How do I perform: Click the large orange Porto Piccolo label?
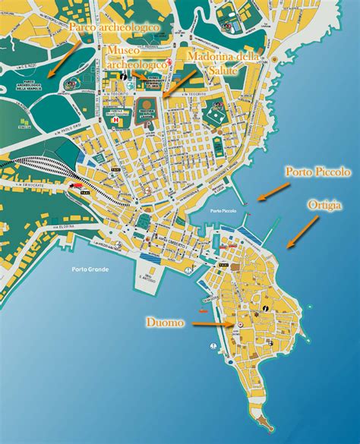coord(317,172)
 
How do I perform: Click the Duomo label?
coord(166,323)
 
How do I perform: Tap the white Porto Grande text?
coord(90,269)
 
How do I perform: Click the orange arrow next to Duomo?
coord(213,324)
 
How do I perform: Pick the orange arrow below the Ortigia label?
coord(303,232)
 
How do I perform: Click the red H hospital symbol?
coord(115,118)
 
